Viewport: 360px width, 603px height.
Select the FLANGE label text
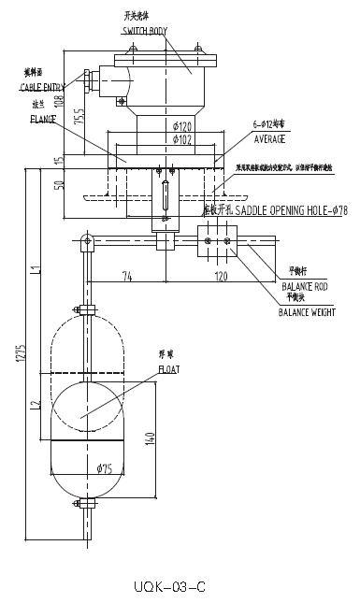(x=43, y=120)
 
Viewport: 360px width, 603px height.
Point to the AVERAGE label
(x=270, y=138)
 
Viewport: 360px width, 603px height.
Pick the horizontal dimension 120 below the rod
(x=222, y=278)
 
